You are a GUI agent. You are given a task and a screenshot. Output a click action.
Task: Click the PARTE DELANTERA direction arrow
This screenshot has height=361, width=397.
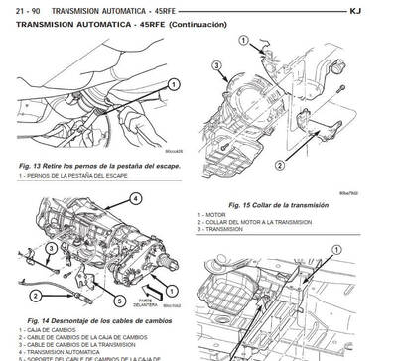click(149, 295)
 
